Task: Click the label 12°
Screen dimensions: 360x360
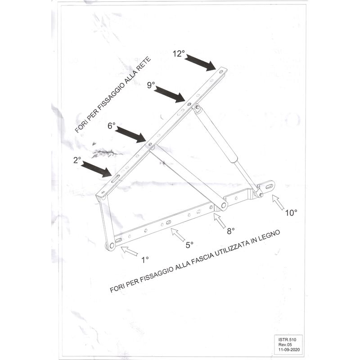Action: (179, 54)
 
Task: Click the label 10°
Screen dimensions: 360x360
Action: (291, 213)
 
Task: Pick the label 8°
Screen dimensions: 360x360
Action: (230, 231)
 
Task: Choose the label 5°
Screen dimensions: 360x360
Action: (189, 245)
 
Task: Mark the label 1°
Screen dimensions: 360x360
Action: (145, 259)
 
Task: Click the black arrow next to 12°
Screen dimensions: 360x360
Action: (200, 63)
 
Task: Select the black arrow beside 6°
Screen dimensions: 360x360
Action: (131, 134)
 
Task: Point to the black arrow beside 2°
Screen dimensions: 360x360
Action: (97, 169)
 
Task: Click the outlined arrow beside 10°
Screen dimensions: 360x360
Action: (279, 203)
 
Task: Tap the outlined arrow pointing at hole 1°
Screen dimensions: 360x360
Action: (129, 250)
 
